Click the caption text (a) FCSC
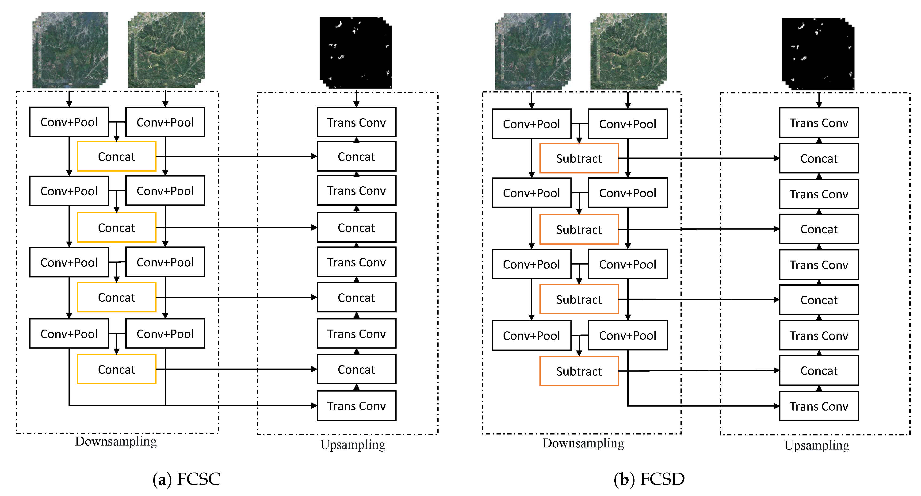point(186,479)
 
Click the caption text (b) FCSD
point(649,479)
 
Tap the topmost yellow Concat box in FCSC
point(117,156)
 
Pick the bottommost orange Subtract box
point(579,371)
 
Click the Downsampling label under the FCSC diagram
point(116,441)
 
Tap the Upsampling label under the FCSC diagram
point(353,445)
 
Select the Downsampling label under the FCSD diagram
point(583,443)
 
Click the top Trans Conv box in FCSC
point(356,122)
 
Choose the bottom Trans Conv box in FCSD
point(819,406)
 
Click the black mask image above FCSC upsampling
point(355,52)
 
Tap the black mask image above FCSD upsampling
point(818,53)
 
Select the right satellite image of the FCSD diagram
point(629,51)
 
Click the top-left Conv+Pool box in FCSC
point(69,122)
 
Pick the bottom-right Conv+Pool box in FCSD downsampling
point(627,335)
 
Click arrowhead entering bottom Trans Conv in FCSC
point(314,406)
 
